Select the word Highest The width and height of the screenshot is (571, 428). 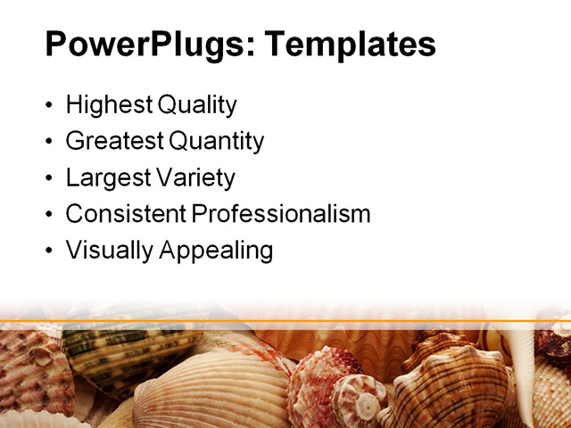[109, 106]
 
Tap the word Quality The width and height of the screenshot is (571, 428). [197, 106]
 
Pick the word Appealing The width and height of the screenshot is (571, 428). [215, 251]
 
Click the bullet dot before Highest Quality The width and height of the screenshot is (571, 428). [48, 107]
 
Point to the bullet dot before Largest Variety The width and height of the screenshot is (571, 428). [48, 179]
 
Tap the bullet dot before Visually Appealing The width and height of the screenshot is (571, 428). [48, 251]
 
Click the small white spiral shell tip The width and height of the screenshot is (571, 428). [366, 407]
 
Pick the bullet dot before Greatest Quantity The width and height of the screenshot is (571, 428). [48, 143]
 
